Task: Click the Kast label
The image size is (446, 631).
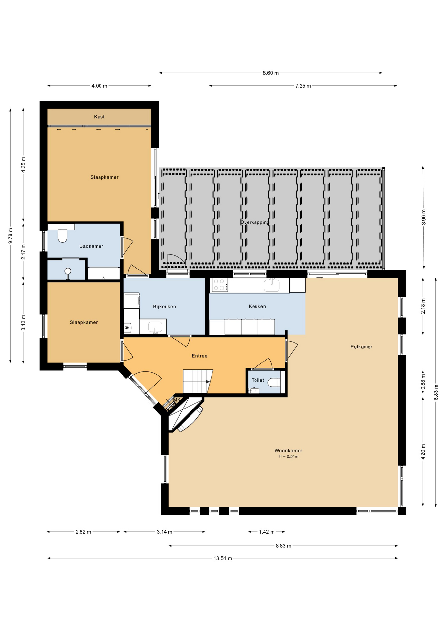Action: (x=99, y=117)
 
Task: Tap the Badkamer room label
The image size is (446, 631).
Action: (x=91, y=246)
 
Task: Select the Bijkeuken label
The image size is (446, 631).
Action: (x=165, y=307)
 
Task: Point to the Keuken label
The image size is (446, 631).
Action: (x=257, y=306)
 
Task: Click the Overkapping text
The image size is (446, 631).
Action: (x=255, y=222)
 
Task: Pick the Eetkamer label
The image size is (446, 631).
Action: (x=361, y=347)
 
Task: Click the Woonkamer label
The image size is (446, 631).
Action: (x=288, y=451)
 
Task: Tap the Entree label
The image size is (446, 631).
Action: (x=199, y=356)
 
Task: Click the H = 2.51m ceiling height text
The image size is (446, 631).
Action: (x=288, y=456)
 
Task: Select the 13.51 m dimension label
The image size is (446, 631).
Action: (x=223, y=558)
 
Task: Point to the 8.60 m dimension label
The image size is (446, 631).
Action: (x=270, y=73)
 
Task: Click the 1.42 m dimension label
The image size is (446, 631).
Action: (x=266, y=532)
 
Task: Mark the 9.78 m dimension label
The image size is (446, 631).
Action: (x=10, y=236)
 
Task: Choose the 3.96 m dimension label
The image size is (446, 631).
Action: (x=423, y=217)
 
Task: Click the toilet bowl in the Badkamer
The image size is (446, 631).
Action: (x=62, y=236)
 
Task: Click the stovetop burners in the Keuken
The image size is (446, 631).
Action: (x=220, y=285)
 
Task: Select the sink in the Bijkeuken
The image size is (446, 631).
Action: (x=155, y=327)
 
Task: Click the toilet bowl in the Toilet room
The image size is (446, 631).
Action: (x=274, y=383)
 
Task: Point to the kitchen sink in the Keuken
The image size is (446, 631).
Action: (x=272, y=285)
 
